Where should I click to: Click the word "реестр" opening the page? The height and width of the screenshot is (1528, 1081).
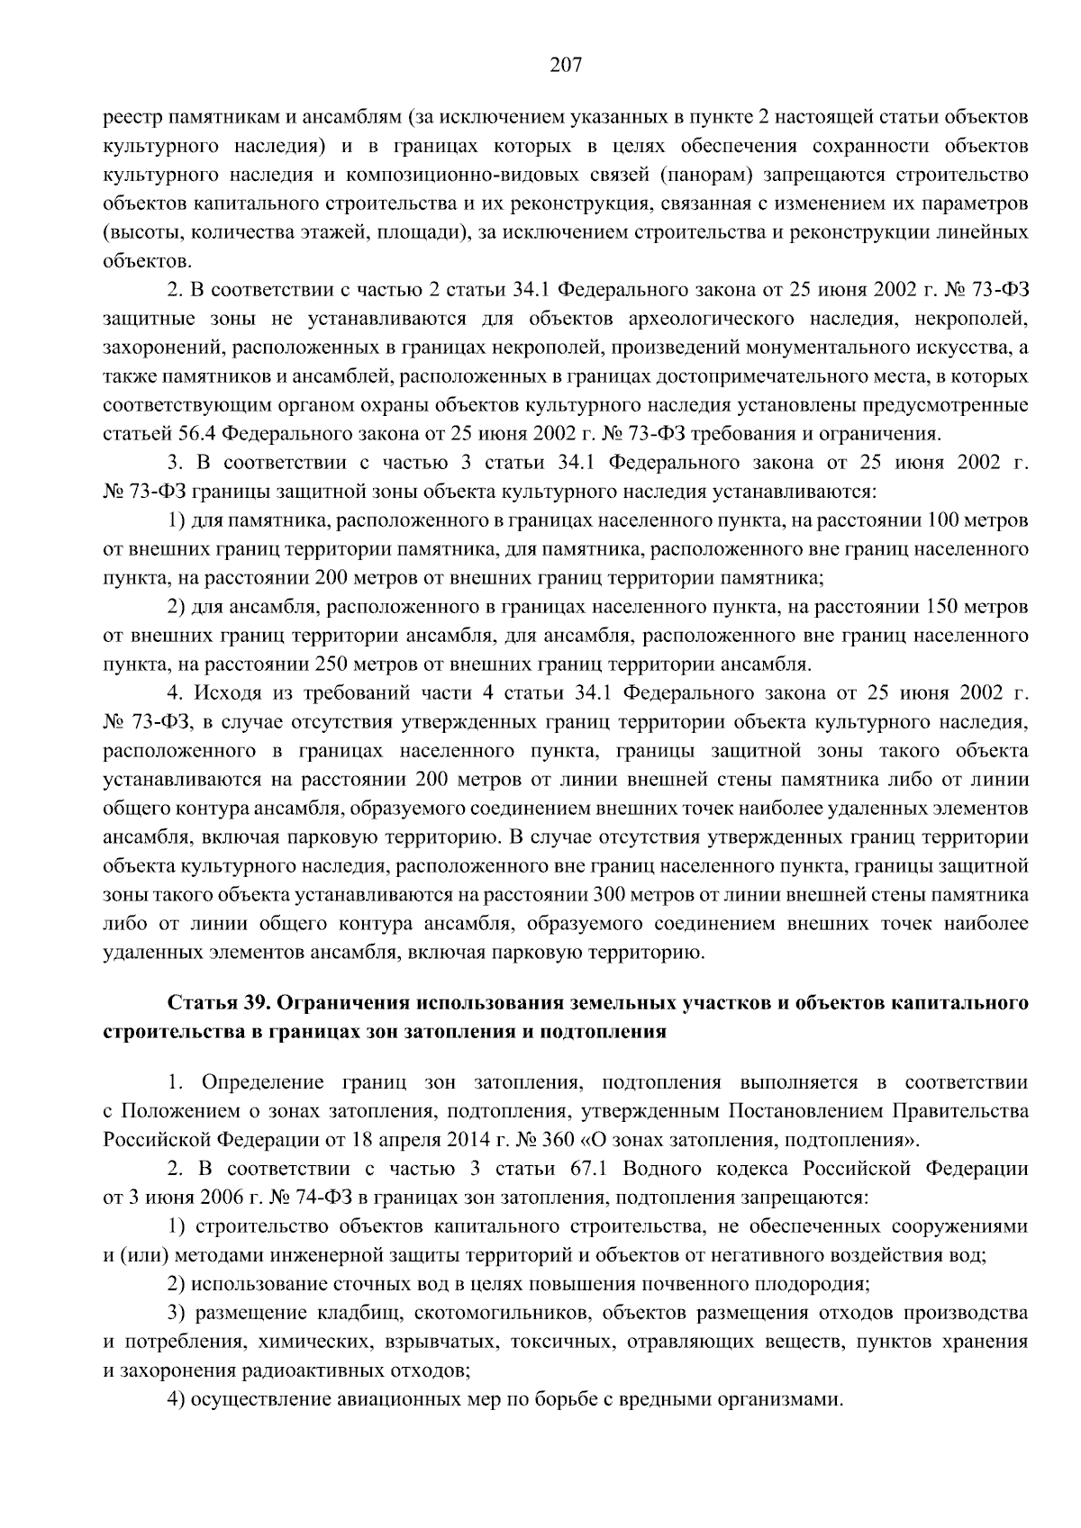(x=132, y=118)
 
